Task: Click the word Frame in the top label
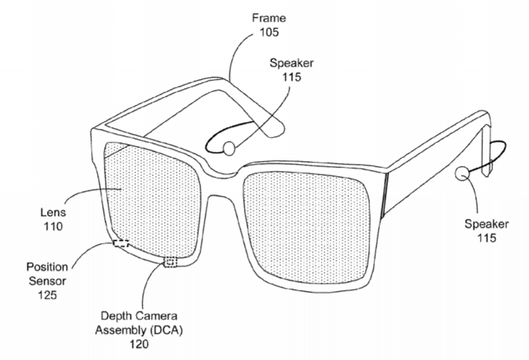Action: pyautogui.click(x=269, y=18)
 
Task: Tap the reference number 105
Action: pyautogui.click(x=269, y=32)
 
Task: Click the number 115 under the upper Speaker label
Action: pyautogui.click(x=292, y=77)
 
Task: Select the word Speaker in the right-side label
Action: pyautogui.click(x=486, y=224)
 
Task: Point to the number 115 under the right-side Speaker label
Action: pyautogui.click(x=486, y=238)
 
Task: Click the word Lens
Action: pyautogui.click(x=53, y=212)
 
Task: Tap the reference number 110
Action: pyautogui.click(x=53, y=227)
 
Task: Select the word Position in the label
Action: pyautogui.click(x=47, y=267)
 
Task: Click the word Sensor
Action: pyautogui.click(x=47, y=281)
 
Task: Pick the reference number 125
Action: pyautogui.click(x=47, y=295)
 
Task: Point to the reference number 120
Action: pyautogui.click(x=139, y=344)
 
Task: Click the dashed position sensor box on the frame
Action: pyautogui.click(x=120, y=243)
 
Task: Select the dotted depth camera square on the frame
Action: pyautogui.click(x=170, y=262)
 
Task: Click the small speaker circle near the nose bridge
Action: pyautogui.click(x=229, y=148)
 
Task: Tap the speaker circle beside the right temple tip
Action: pyautogui.click(x=462, y=174)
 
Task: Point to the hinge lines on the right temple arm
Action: pyautogui.click(x=384, y=196)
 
